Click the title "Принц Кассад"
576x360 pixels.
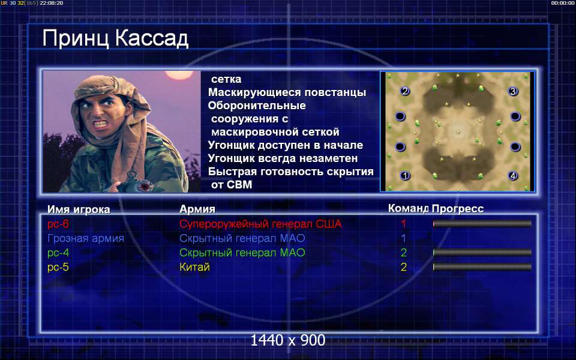click(115, 38)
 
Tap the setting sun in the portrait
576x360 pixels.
click(179, 74)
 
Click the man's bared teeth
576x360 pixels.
click(101, 124)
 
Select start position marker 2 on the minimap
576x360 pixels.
click(405, 91)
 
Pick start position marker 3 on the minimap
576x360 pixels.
click(513, 91)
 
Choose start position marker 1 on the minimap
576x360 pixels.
click(405, 176)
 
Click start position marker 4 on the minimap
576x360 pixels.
click(513, 176)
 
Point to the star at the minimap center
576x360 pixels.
click(458, 132)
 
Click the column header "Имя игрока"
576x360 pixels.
click(79, 209)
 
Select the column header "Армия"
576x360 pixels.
click(197, 209)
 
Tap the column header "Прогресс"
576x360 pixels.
click(458, 209)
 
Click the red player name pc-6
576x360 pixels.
click(58, 224)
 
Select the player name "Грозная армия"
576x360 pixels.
click(86, 238)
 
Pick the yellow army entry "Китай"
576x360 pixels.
click(194, 267)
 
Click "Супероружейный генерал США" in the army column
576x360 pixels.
click(260, 224)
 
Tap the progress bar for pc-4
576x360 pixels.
click(482, 253)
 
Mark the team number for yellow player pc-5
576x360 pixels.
click(404, 267)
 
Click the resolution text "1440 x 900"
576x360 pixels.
click(288, 341)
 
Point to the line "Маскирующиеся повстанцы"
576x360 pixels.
click(287, 92)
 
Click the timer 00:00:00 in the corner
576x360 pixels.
click(562, 3)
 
